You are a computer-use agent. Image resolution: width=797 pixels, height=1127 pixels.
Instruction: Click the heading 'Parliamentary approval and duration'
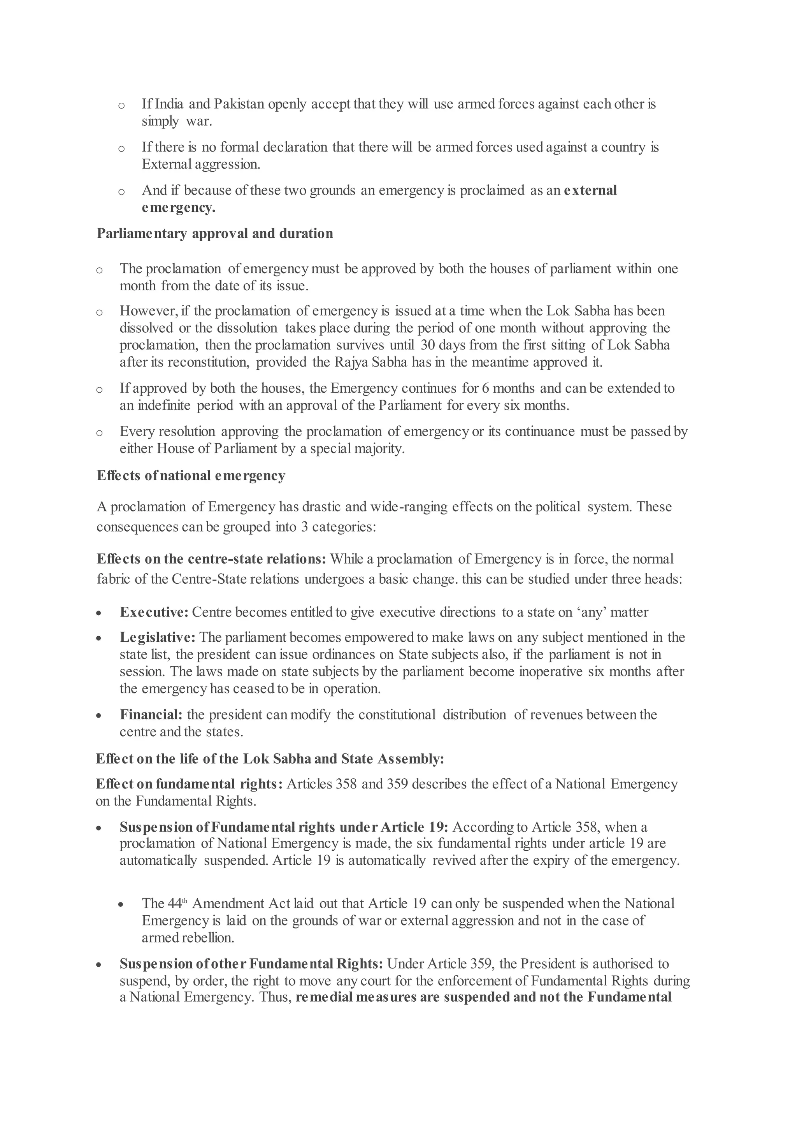(214, 233)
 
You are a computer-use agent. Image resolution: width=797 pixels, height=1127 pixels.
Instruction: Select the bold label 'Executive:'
(154, 613)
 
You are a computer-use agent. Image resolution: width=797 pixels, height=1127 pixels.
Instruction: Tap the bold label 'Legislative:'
(158, 637)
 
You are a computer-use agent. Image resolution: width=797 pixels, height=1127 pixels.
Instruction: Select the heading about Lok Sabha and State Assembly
(270, 759)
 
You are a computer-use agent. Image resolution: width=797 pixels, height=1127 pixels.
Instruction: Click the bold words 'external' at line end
(590, 190)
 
